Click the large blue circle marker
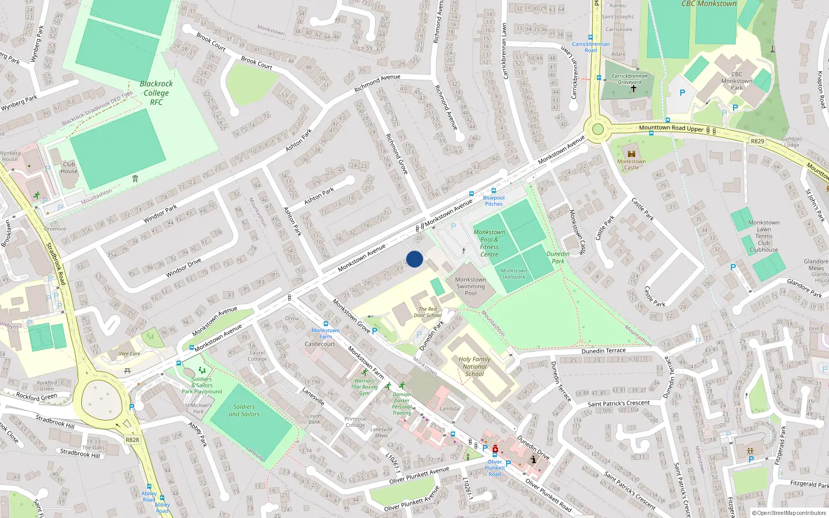coord(414,259)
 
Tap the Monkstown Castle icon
coord(631,154)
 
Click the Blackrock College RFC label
coord(156,93)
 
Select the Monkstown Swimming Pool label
coord(470,286)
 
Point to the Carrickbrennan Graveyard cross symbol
coord(633,89)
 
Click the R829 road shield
coord(757,141)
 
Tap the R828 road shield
coord(132,440)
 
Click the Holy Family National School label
coord(474,366)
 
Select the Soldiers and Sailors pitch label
coord(244,410)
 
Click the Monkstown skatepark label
coord(513,274)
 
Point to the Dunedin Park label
coord(558,257)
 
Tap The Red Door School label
coord(427,312)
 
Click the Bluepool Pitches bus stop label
coord(493,200)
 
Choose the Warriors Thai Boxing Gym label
coord(364,387)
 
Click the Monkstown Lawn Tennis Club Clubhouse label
coord(764,236)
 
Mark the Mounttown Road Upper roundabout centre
coord(598,129)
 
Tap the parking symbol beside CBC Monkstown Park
coord(682,93)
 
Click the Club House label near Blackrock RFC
coord(69,167)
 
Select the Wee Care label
coord(130,354)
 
